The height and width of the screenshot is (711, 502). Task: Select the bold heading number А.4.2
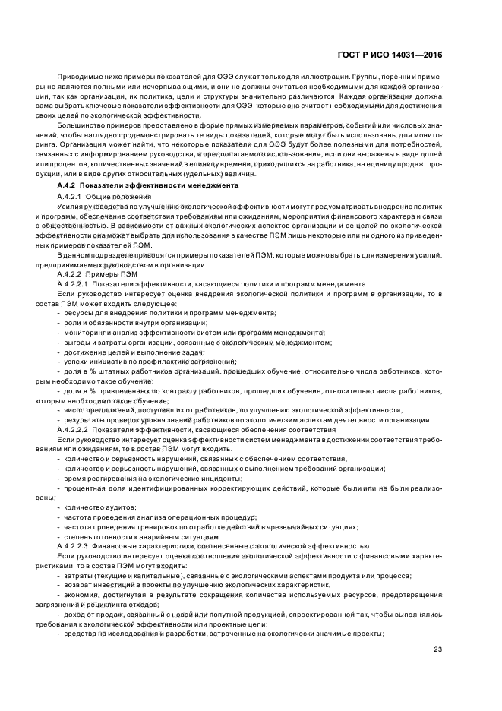point(68,185)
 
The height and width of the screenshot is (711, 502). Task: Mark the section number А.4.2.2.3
point(78,546)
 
